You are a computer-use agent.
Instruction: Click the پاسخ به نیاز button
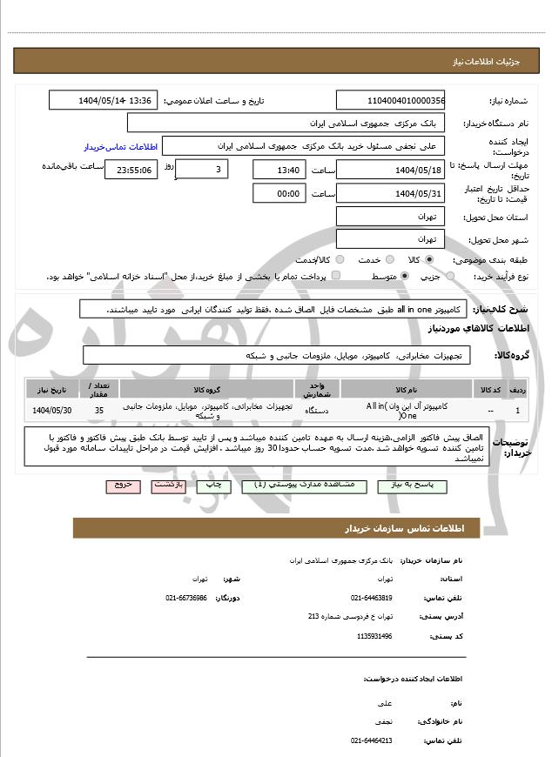tap(407, 486)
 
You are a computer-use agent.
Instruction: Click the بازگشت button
tap(169, 486)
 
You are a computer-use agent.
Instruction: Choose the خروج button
tap(124, 486)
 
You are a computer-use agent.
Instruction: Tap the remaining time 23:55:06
tap(131, 170)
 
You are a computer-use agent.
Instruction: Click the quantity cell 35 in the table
tap(98, 410)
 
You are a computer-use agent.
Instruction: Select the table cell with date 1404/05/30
tap(52, 410)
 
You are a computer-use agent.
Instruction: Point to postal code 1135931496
tap(374, 636)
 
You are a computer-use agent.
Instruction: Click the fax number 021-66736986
tap(186, 598)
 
